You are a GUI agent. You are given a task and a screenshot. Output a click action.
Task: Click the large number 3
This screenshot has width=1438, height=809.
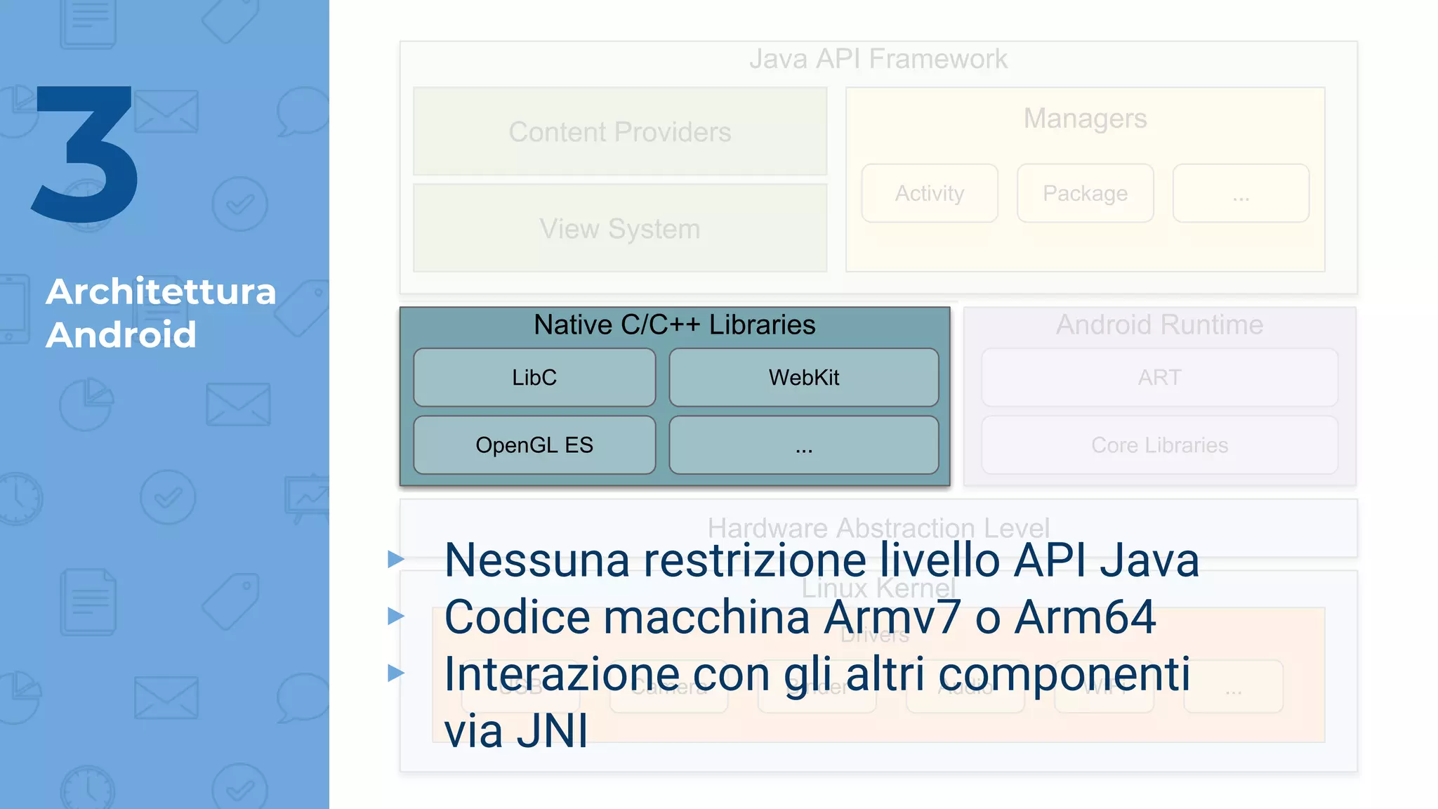click(x=86, y=154)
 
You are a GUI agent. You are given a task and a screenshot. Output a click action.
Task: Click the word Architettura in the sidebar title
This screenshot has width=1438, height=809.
click(x=161, y=291)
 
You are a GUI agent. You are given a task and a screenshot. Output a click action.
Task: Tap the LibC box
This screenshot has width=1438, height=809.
click(x=534, y=377)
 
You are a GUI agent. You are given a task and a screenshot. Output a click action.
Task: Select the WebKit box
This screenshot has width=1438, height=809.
click(x=803, y=377)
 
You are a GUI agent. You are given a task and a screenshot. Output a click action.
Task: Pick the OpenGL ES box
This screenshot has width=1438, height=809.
click(x=534, y=445)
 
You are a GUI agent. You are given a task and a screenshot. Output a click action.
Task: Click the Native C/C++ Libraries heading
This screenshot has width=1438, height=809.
click(x=674, y=324)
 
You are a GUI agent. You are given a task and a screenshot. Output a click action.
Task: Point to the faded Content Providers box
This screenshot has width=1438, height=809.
click(x=620, y=131)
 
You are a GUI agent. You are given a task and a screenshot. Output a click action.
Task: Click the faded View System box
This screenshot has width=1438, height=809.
click(x=620, y=228)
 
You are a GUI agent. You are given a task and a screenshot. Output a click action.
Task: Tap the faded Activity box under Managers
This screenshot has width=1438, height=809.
click(x=929, y=193)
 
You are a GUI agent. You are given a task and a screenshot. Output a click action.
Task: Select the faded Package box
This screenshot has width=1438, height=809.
click(x=1085, y=193)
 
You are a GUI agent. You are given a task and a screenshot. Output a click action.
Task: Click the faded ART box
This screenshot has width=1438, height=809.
click(x=1159, y=377)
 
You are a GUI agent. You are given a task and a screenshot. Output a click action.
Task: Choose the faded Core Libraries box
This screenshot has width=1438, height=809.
click(x=1159, y=445)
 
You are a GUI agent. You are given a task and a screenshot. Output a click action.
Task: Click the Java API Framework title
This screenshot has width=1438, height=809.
click(x=878, y=59)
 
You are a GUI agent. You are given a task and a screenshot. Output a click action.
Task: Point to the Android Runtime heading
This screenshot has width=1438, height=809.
click(x=1159, y=324)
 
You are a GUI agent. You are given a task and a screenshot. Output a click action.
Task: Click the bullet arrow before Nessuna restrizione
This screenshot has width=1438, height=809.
click(x=396, y=559)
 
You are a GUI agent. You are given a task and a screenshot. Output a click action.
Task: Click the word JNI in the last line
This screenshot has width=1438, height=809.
click(x=552, y=731)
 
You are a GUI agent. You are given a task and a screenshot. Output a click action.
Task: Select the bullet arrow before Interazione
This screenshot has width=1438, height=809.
click(x=396, y=673)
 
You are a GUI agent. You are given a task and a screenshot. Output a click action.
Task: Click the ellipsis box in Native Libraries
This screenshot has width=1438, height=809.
click(x=803, y=445)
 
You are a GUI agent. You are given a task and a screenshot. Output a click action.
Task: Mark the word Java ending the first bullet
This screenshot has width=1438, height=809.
click(x=1149, y=560)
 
